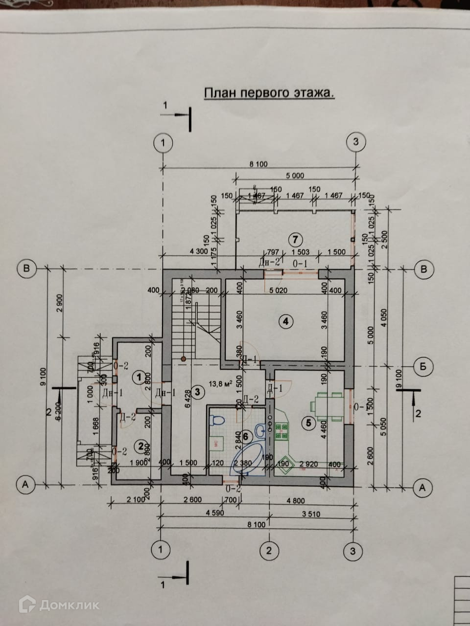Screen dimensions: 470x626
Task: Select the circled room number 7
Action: tap(294, 240)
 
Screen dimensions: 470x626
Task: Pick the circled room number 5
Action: tap(308, 424)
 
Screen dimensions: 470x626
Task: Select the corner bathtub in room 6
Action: tap(248, 457)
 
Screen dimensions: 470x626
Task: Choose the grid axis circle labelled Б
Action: tap(423, 366)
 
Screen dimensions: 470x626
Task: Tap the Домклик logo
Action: tap(59, 605)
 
